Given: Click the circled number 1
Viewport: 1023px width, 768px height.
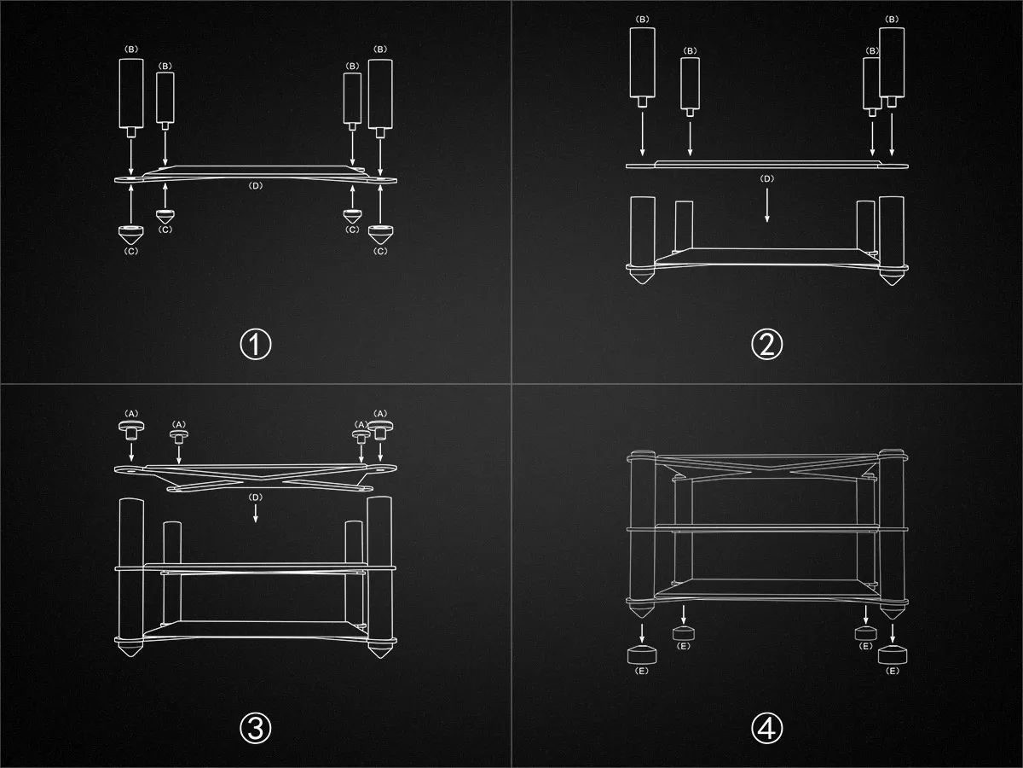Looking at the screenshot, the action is click(x=256, y=344).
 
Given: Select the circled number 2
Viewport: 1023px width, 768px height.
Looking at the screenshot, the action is click(x=766, y=344).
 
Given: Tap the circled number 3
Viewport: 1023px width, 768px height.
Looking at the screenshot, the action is click(x=256, y=728).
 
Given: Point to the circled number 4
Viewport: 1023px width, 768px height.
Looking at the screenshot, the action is click(x=766, y=728).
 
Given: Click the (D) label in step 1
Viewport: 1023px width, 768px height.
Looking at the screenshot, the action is click(x=256, y=185).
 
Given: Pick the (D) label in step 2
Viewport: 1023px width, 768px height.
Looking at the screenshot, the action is click(x=766, y=178).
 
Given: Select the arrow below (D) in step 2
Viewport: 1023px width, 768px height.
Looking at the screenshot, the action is click(x=767, y=205).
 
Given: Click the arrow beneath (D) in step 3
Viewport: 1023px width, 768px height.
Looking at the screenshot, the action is click(x=256, y=513).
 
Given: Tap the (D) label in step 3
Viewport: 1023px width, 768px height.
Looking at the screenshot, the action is click(x=256, y=497).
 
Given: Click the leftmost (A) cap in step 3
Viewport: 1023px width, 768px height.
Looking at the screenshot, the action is click(x=131, y=429).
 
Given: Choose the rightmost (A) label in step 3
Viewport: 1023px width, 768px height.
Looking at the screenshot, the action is click(x=380, y=414).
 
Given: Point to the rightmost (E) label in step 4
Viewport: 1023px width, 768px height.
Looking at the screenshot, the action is click(x=892, y=671).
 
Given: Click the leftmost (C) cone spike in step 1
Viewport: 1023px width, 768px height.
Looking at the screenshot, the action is click(x=131, y=235).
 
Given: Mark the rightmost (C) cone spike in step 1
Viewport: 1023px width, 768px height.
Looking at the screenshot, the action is click(x=380, y=235).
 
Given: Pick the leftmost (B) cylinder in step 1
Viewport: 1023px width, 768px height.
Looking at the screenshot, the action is click(x=131, y=97).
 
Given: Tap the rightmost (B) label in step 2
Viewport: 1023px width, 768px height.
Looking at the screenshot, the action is click(x=892, y=19).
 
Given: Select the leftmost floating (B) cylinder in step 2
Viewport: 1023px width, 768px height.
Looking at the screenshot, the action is click(x=642, y=67).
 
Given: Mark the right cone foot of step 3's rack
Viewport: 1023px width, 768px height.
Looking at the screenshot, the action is click(x=380, y=649).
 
